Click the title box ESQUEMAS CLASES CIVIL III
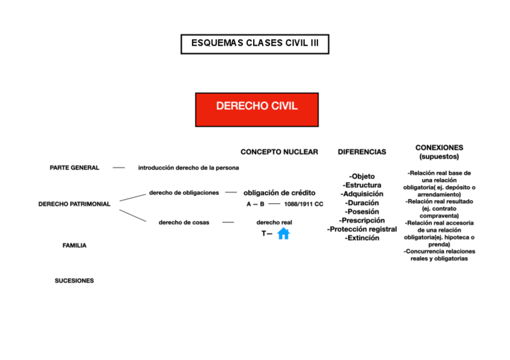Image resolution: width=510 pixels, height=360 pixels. click(x=255, y=44)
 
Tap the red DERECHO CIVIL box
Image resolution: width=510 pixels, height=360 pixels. click(x=257, y=109)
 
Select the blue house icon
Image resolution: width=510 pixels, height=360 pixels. click(x=283, y=234)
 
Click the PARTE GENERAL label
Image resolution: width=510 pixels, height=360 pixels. click(x=75, y=168)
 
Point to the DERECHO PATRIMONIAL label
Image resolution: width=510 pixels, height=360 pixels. click(x=75, y=204)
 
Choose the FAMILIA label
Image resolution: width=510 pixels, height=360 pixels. click(x=75, y=245)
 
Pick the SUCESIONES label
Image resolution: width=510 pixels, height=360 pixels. click(x=75, y=281)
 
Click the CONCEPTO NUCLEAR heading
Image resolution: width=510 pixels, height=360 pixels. click(x=279, y=152)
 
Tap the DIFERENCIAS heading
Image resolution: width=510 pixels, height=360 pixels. click(x=362, y=152)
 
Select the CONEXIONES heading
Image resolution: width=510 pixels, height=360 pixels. click(x=439, y=147)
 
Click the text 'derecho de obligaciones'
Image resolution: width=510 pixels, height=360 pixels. click(x=184, y=193)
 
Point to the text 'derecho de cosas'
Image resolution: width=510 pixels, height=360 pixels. click(x=184, y=222)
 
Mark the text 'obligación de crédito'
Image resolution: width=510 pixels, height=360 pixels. click(x=279, y=193)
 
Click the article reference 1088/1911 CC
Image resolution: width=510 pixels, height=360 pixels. click(x=303, y=204)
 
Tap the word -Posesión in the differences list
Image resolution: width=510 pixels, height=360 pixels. click(x=362, y=212)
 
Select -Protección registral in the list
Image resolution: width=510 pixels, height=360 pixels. click(x=362, y=229)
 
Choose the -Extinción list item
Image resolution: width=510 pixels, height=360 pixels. click(x=362, y=238)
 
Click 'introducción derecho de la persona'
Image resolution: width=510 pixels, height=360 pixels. click(x=188, y=168)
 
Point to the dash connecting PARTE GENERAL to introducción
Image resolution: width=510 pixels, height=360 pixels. click(x=119, y=168)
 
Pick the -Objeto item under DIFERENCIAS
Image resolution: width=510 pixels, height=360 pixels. click(x=362, y=176)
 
